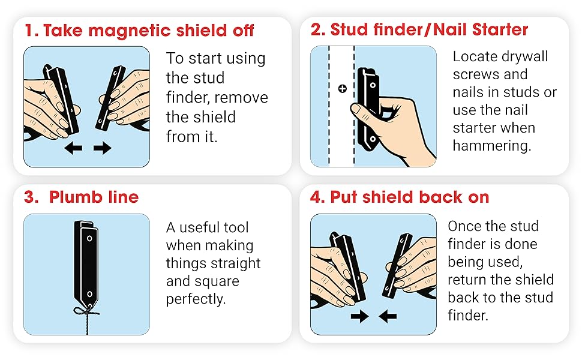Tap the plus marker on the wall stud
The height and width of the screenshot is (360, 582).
(343, 89)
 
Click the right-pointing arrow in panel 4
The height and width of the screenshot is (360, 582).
(359, 316)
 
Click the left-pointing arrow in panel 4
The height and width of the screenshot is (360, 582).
(388, 316)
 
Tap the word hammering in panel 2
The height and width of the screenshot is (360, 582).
(491, 146)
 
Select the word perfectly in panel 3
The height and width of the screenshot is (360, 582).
(196, 299)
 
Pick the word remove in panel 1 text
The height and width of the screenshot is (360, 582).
(241, 97)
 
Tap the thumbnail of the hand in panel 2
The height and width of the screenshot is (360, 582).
(356, 110)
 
